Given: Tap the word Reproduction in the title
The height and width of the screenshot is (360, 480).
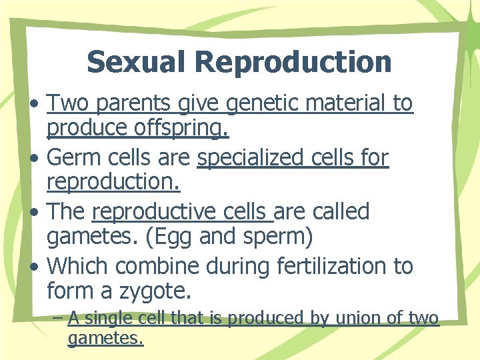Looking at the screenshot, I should (x=293, y=62).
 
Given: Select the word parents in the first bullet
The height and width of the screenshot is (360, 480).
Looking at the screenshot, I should (x=137, y=104).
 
